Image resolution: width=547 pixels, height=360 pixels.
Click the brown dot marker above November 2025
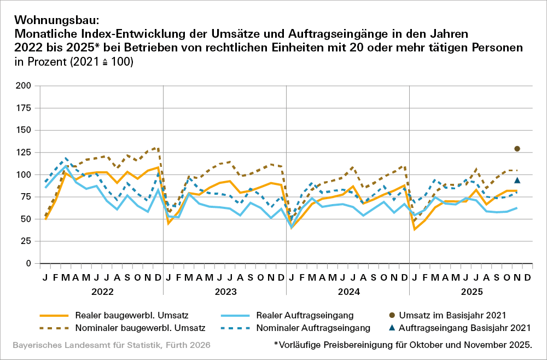pyautogui.click(x=517, y=149)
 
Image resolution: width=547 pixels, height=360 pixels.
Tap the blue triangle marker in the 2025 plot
pyautogui.click(x=517, y=180)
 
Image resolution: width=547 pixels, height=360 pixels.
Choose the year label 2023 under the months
pyautogui.click(x=225, y=292)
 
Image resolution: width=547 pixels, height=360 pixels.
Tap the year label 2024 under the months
pyautogui.click(x=348, y=292)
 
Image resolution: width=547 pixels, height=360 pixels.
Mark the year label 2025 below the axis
pyautogui.click(x=472, y=292)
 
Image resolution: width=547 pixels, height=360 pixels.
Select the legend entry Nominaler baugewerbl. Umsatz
pyautogui.click(x=140, y=328)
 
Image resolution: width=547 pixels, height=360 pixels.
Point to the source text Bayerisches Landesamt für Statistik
pyautogui.click(x=109, y=345)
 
